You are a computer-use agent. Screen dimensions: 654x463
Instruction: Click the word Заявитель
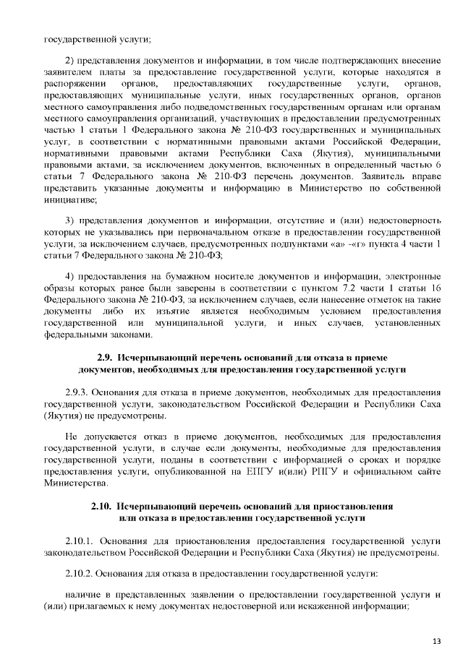coord(387,176)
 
